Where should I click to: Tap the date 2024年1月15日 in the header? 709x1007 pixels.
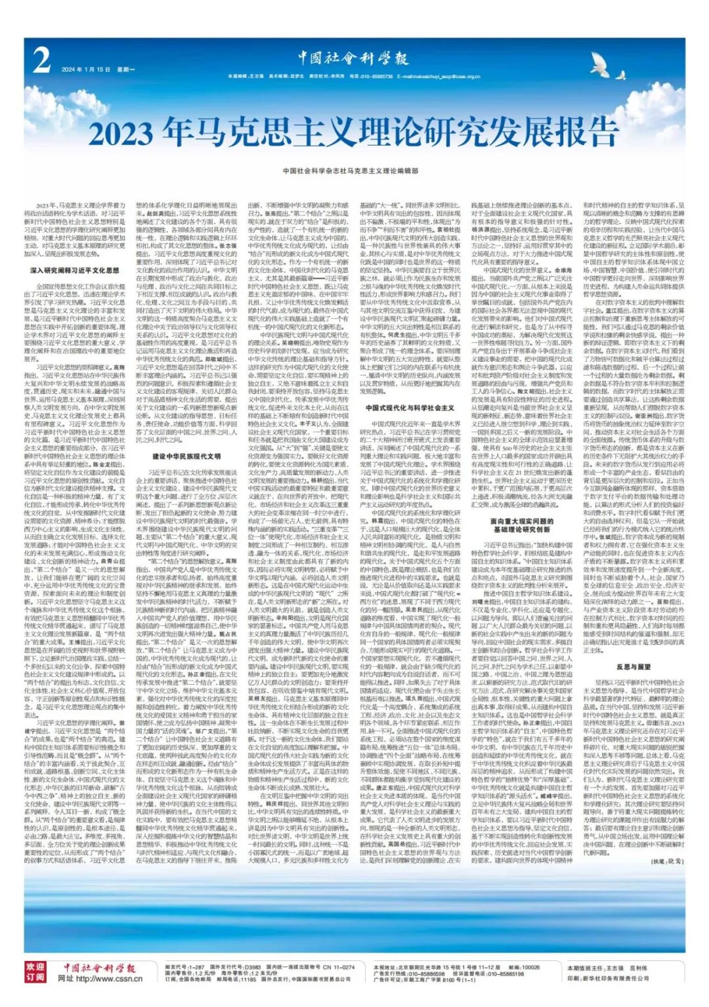(82, 69)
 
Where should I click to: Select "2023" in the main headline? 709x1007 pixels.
(125, 134)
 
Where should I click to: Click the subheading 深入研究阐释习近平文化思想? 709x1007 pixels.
(74, 270)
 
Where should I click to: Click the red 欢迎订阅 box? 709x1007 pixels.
(35, 972)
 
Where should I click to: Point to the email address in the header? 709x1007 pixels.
(446, 77)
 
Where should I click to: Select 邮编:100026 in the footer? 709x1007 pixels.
(521, 967)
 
